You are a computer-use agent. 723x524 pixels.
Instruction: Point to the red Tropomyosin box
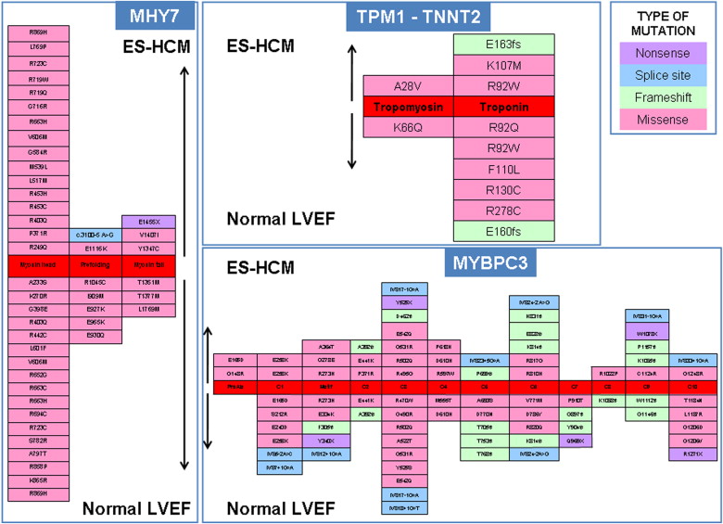[408, 107]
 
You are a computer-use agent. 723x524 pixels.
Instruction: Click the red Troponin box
[503, 107]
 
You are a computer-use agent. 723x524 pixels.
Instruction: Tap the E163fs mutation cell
[503, 45]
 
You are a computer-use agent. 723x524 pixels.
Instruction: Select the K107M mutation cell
[503, 66]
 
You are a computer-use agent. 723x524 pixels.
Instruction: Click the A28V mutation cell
[408, 86]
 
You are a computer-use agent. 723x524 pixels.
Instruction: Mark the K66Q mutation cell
[408, 128]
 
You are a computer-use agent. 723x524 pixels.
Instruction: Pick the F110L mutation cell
[503, 170]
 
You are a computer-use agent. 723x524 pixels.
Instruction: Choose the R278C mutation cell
[503, 211]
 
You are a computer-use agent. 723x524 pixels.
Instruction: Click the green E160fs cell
[503, 232]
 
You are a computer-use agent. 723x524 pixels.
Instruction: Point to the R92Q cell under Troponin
[503, 128]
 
